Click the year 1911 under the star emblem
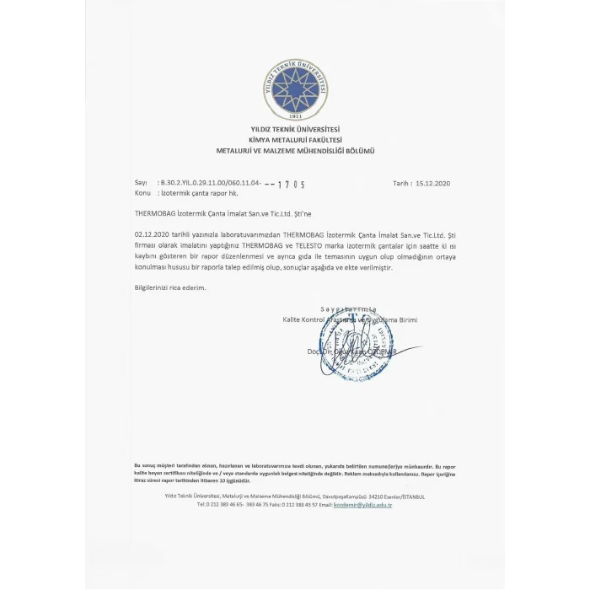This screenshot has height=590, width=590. (295, 115)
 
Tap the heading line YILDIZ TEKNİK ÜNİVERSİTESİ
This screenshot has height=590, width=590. (295, 130)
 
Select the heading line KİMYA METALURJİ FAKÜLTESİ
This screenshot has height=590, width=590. (295, 140)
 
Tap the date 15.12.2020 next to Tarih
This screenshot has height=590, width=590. (433, 182)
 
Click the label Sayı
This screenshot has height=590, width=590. (141, 182)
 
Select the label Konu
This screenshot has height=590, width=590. (142, 192)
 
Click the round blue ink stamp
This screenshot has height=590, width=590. (357, 341)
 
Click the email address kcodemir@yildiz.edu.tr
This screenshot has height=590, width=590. (363, 504)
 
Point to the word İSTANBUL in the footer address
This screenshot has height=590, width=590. (410, 496)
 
